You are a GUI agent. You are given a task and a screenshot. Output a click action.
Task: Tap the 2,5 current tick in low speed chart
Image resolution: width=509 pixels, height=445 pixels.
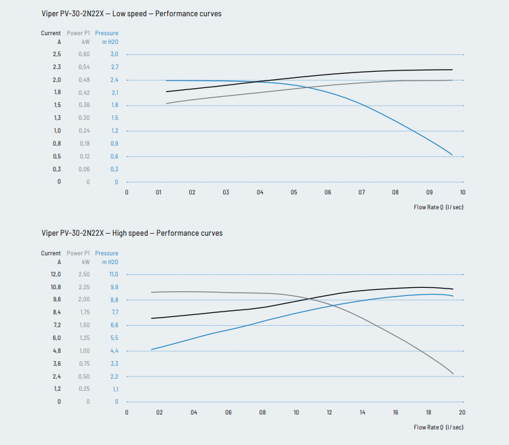56,54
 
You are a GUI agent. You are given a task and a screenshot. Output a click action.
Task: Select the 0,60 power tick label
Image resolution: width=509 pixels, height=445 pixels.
84,54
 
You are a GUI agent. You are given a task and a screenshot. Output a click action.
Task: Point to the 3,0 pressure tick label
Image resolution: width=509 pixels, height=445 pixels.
114,54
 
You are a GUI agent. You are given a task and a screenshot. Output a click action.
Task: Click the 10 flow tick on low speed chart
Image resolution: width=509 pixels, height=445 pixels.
462,192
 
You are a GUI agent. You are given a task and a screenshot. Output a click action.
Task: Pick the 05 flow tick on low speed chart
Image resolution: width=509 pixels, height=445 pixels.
293,192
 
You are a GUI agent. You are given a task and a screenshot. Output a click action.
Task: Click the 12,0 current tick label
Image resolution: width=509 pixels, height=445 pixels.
56,274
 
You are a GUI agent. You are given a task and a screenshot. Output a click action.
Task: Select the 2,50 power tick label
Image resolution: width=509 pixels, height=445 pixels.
84,274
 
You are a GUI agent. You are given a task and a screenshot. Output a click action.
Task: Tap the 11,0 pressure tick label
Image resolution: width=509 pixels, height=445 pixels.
114,274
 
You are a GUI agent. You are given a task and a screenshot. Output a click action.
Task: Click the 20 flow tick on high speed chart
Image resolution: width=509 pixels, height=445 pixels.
462,412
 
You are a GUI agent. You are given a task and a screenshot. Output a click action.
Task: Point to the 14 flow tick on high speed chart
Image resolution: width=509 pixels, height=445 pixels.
362,412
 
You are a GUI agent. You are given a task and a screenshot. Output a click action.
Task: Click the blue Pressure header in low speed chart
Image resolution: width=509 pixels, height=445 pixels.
106,33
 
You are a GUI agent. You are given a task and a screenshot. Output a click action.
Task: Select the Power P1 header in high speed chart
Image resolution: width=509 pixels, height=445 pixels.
79,253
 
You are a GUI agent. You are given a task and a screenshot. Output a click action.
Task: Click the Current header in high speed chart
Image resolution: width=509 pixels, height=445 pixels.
51,253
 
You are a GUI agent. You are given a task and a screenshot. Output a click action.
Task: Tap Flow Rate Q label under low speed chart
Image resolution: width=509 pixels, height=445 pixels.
439,207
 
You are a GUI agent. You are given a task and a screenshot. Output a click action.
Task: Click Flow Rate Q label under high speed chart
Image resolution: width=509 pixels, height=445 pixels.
439,427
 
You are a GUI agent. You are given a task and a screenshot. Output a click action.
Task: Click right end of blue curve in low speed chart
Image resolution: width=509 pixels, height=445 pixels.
452,154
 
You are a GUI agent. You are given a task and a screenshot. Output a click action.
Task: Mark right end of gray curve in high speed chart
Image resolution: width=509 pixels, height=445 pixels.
453,373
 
